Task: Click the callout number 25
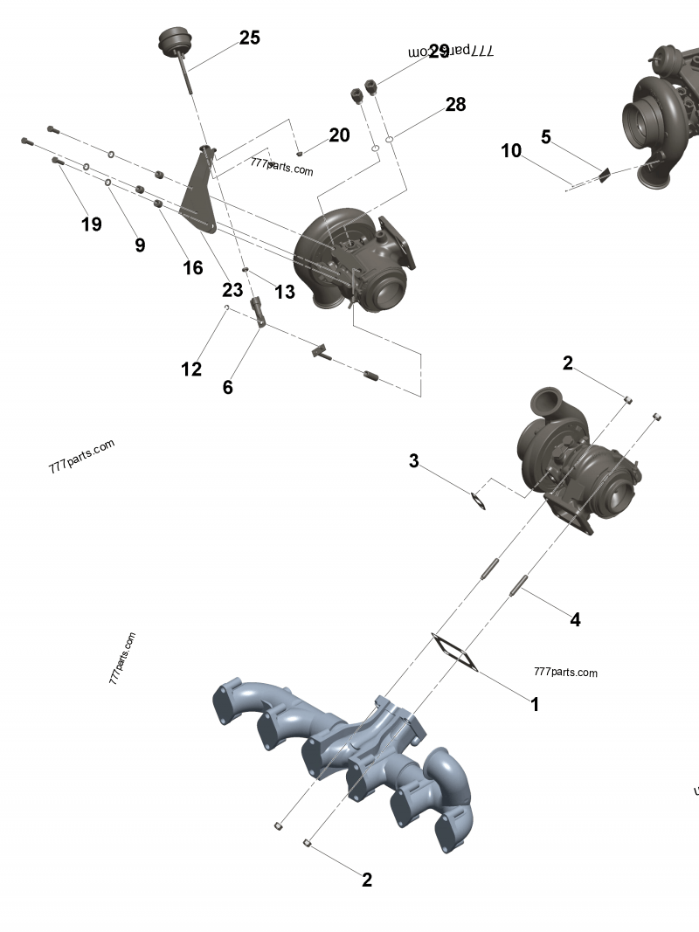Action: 249,38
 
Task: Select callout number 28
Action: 455,105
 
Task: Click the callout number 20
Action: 339,135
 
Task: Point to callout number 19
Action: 91,224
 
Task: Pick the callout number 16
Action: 192,267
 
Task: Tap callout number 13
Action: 285,292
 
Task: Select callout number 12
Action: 191,369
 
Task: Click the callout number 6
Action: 228,387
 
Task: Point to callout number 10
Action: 511,150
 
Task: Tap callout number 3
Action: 414,460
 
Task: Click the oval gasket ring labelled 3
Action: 477,501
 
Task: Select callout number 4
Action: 575,619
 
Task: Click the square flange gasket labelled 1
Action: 455,654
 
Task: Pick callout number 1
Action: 536,703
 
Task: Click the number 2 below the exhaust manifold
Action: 367,880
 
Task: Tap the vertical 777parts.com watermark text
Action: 122,658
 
